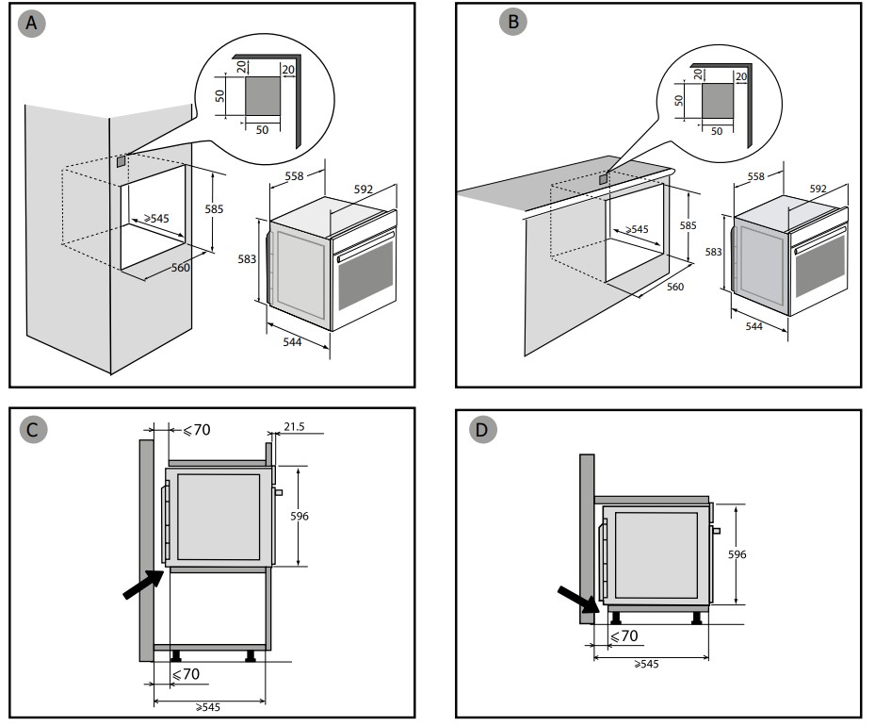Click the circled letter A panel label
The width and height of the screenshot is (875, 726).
click(33, 25)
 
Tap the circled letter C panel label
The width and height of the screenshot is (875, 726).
click(33, 431)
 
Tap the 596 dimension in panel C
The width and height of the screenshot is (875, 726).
click(300, 516)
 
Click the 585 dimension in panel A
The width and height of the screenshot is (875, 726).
click(214, 209)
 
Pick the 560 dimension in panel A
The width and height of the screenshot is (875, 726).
click(181, 268)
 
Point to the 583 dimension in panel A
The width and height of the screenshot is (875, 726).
click(244, 258)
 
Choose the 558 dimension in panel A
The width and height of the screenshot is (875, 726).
click(293, 177)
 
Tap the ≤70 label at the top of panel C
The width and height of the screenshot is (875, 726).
click(196, 430)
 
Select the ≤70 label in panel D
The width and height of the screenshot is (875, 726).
click(624, 636)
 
